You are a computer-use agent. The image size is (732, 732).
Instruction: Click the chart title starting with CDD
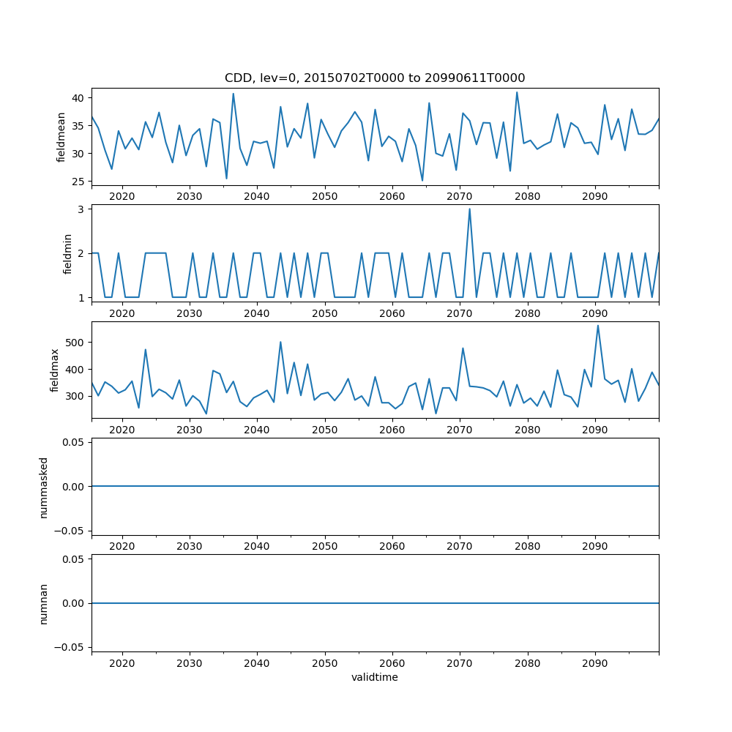375,78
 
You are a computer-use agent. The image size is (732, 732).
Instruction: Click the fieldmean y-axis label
61,137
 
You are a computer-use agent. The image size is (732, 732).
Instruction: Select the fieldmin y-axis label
67,253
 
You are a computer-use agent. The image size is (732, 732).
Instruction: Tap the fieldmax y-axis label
55,370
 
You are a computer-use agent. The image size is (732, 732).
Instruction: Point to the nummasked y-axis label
44,486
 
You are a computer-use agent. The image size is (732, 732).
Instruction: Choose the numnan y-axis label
44,603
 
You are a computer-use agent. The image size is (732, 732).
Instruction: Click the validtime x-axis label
375,678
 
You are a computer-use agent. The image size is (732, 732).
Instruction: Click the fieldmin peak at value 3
469,209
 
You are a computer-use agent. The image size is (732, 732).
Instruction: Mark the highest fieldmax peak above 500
598,326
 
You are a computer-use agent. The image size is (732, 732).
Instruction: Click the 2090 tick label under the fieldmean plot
594,197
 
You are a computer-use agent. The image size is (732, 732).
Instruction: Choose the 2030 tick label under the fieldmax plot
190,430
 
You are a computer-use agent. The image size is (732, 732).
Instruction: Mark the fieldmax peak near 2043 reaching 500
280,342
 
